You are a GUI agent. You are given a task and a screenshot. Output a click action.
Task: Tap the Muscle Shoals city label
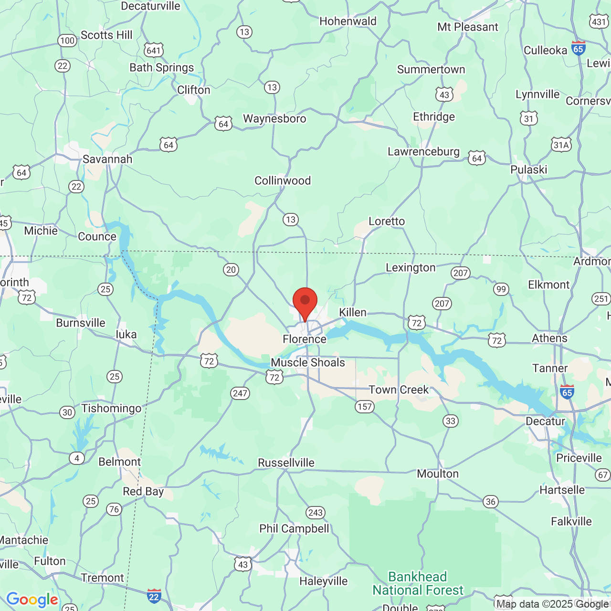(308, 362)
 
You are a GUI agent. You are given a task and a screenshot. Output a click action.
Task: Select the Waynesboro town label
(274, 118)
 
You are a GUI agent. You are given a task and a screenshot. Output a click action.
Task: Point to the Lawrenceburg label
(423, 152)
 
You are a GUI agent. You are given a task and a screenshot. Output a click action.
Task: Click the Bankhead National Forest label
(418, 583)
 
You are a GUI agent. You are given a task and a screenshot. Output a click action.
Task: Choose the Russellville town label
(286, 463)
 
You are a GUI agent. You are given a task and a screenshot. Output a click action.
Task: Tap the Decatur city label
(545, 421)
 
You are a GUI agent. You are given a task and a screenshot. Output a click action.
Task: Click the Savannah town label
(107, 159)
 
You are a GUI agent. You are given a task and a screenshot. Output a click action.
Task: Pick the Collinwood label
(283, 180)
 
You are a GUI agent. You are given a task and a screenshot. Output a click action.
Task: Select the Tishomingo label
(111, 408)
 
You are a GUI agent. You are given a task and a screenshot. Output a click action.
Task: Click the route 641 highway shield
(154, 51)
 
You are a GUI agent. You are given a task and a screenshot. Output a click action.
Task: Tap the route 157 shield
(365, 407)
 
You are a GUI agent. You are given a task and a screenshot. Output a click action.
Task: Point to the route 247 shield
(240, 393)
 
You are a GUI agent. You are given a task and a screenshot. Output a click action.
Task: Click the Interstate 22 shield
(154, 596)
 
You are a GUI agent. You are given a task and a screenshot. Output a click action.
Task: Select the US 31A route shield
(561, 145)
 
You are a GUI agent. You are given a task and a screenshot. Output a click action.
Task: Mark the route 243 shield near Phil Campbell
(316, 513)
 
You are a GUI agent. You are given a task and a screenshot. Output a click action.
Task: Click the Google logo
(32, 600)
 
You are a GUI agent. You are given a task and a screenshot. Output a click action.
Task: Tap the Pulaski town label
(529, 169)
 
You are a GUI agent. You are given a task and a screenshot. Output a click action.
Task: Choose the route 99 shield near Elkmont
(501, 289)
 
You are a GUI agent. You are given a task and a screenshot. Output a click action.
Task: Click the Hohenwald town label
(348, 21)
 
